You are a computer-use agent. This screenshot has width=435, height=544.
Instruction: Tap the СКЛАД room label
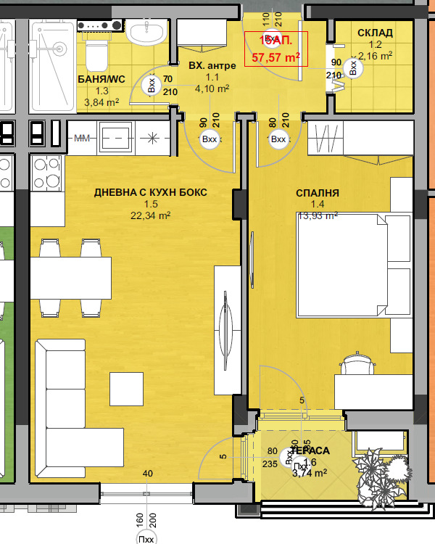[376, 33]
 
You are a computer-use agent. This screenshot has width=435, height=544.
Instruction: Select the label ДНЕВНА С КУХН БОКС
[151, 192]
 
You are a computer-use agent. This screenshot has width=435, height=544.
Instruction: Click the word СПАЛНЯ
[318, 193]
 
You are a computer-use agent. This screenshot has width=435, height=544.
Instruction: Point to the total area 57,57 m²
[275, 56]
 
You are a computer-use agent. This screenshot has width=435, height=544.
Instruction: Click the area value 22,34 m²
[151, 215]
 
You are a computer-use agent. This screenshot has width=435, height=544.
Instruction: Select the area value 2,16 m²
[376, 55]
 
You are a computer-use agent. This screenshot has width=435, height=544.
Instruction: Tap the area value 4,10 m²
[212, 89]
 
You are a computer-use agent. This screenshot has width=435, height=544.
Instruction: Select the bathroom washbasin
[148, 31]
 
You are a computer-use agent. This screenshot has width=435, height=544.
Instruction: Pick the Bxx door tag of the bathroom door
[152, 86]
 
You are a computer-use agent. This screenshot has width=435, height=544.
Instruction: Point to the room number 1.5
[150, 205]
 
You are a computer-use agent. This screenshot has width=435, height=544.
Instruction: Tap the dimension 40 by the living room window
[148, 474]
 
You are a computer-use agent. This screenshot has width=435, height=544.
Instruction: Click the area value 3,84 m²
[101, 102]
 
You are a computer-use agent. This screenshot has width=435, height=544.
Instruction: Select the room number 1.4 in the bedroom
[318, 205]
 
